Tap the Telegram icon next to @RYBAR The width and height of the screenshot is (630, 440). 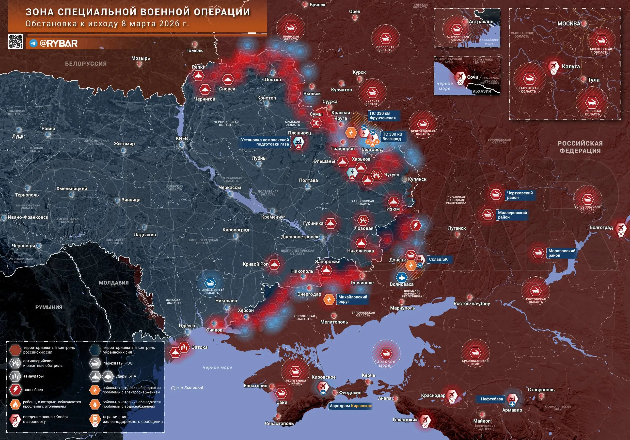click(33, 43)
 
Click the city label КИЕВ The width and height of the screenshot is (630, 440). click(182, 138)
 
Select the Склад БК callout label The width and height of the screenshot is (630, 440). click(438, 259)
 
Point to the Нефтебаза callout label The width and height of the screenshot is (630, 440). click(492, 399)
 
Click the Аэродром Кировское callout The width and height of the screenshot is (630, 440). click(351, 406)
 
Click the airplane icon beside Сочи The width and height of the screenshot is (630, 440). click(460, 77)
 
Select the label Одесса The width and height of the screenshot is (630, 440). click(187, 326)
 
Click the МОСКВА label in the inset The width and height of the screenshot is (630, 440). click(568, 24)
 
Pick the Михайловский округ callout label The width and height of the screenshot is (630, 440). click(353, 299)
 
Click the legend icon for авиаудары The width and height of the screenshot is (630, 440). click(15, 376)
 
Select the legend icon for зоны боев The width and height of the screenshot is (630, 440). click(15, 390)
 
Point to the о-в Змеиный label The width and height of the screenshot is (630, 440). click(189, 388)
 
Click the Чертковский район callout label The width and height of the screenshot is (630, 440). click(520, 195)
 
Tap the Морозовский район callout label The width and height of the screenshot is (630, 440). click(562, 253)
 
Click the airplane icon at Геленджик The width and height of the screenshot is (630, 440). click(425, 419)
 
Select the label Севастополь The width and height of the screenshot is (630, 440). click(279, 424)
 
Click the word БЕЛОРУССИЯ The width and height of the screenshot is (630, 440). click(86, 64)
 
